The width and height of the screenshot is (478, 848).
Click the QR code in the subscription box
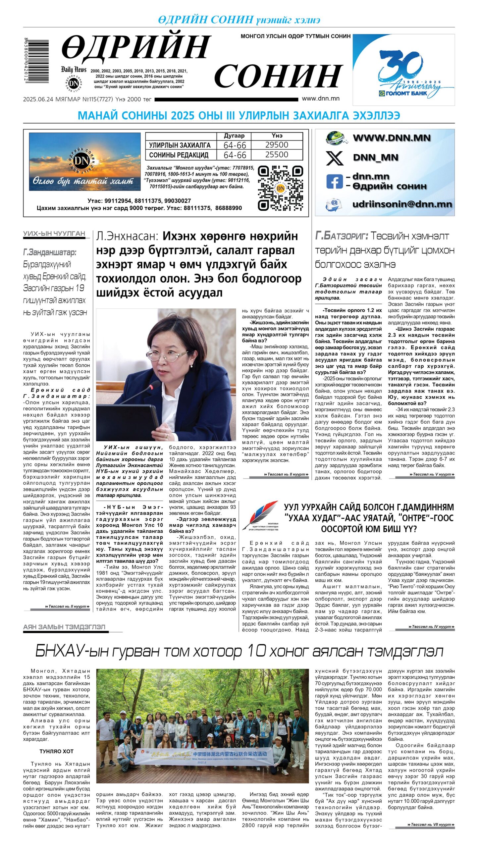[280, 188]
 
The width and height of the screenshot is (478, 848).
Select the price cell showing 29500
[277, 145]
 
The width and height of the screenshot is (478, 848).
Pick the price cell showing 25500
[277, 155]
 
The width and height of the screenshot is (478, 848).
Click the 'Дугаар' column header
[234, 136]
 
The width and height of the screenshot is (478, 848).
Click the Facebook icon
[334, 182]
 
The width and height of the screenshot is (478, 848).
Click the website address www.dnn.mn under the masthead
[320, 98]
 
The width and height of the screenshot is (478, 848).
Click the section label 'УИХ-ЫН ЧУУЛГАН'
[54, 234]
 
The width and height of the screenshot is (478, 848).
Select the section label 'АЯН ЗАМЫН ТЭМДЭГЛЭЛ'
[64, 627]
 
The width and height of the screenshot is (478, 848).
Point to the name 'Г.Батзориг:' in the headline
[341, 236]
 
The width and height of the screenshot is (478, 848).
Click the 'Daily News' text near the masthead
[74, 70]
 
